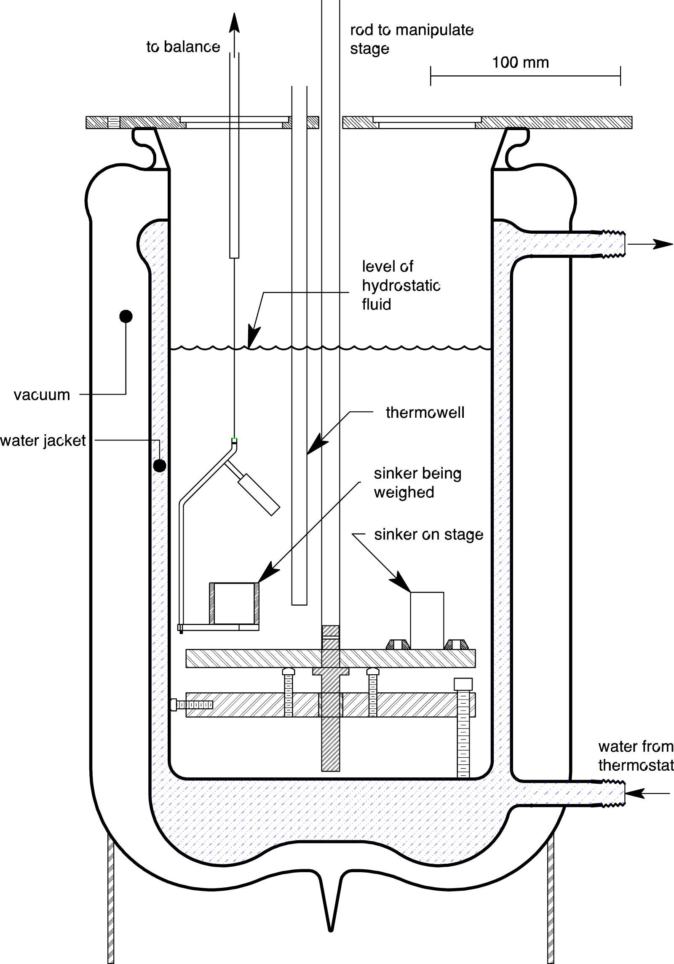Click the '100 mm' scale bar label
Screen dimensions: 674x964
[520, 63]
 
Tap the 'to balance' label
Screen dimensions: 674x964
[183, 47]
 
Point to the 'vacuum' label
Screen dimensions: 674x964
[42, 395]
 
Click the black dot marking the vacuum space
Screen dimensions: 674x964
[126, 316]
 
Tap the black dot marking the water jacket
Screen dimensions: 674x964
[159, 465]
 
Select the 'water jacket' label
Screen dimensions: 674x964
[43, 441]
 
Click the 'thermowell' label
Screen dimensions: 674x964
[425, 412]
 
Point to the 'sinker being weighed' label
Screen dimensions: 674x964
[417, 483]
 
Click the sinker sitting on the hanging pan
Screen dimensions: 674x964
[234, 603]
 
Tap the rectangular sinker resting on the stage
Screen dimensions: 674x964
[427, 620]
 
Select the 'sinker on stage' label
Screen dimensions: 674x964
[428, 534]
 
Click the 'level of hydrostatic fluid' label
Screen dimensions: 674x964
[400, 285]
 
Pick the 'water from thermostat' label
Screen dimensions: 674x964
[635, 756]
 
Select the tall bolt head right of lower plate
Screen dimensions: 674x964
[463, 684]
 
